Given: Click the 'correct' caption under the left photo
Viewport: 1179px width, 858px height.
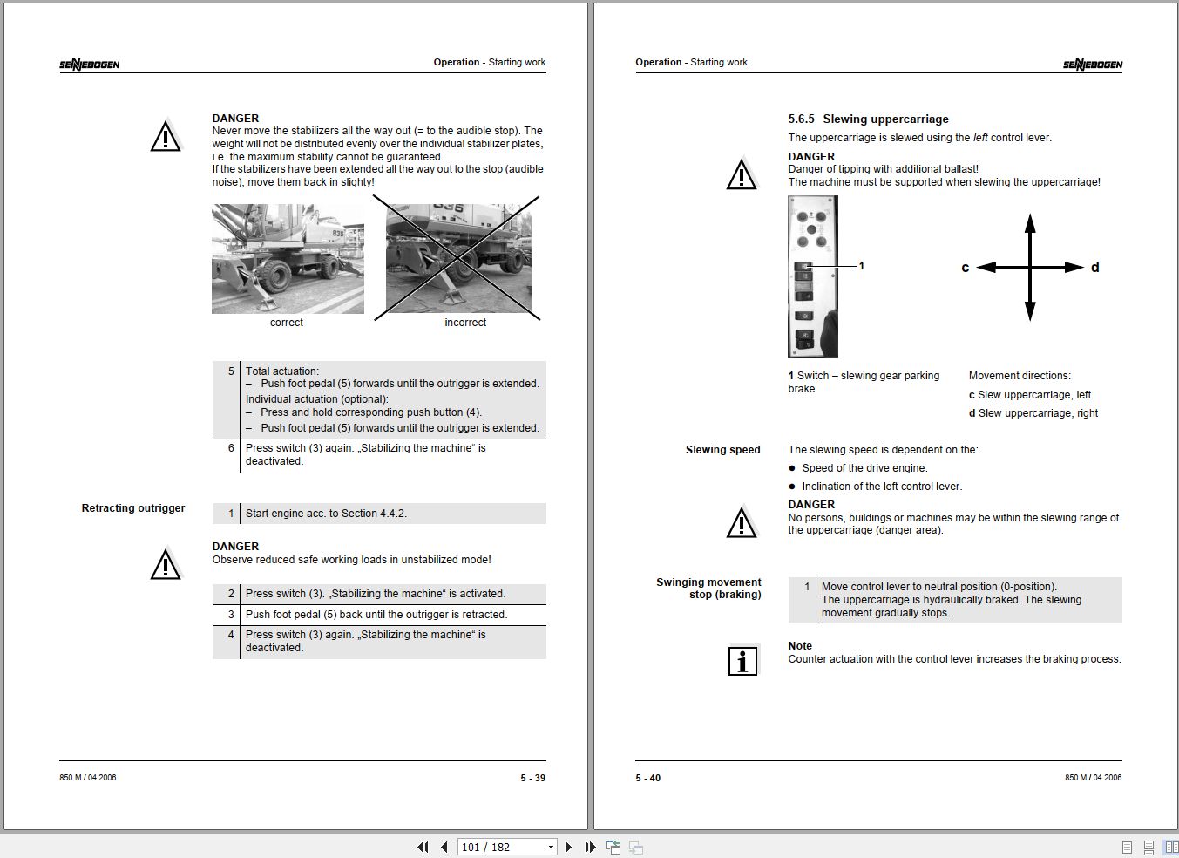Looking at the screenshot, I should (286, 323).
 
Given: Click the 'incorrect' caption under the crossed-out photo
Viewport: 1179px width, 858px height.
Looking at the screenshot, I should (465, 323).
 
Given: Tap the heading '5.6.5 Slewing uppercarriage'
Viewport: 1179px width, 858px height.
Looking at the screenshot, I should (868, 119).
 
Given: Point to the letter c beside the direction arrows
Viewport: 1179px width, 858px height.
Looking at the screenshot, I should (965, 268).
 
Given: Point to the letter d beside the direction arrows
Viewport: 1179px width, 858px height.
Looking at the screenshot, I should (1094, 268).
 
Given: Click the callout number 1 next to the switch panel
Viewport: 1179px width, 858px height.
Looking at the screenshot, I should (861, 266).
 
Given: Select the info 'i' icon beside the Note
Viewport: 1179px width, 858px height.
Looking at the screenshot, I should (742, 661).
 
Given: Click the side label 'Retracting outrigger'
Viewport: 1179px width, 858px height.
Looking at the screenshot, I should (133, 508).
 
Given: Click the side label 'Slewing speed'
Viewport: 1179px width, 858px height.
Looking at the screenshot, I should (722, 450).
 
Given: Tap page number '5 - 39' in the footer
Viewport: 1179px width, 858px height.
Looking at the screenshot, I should (532, 778).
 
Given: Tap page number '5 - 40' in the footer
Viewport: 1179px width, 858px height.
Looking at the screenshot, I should (647, 778).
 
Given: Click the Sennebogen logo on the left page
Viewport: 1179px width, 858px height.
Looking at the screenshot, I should (90, 65).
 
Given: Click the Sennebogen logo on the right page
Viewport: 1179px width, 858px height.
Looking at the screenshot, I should (1092, 65).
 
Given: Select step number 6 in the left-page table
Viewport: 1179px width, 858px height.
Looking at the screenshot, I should (231, 448).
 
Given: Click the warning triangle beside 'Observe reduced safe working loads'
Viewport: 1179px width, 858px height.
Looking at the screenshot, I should (166, 565).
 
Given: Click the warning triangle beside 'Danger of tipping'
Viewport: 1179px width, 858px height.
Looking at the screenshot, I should (742, 174).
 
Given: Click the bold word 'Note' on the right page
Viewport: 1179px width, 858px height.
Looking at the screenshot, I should (800, 646).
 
